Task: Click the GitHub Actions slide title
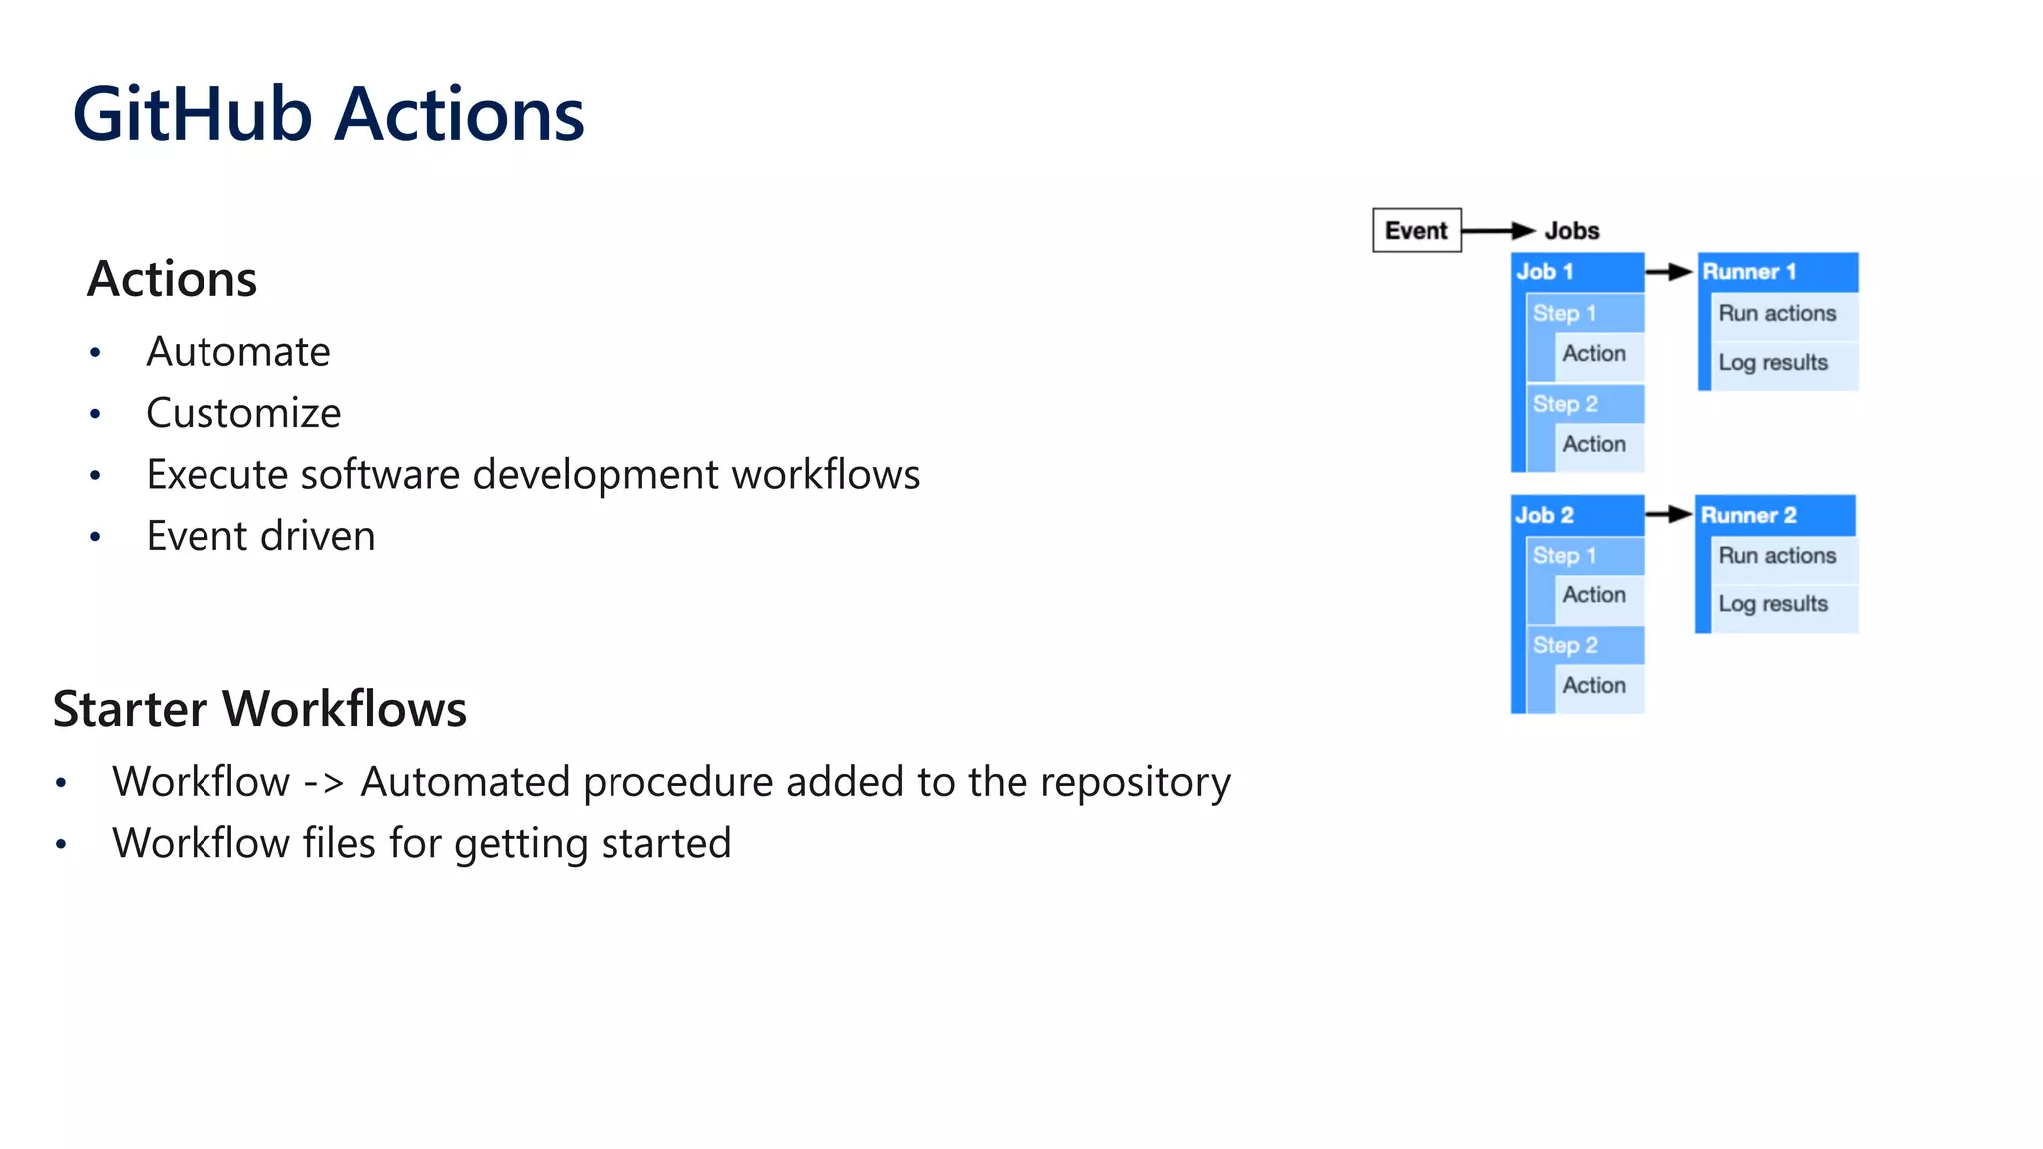pyautogui.click(x=327, y=115)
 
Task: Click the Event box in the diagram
pyautogui.click(x=1417, y=231)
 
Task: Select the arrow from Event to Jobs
pyautogui.click(x=1497, y=231)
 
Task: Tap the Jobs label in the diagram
pyautogui.click(x=1572, y=231)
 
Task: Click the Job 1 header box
pyautogui.click(x=1576, y=272)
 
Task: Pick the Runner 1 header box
pyautogui.click(x=1778, y=272)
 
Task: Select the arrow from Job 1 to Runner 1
pyautogui.click(x=1669, y=272)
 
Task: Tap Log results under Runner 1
pyautogui.click(x=1773, y=363)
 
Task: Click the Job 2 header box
pyautogui.click(x=1576, y=515)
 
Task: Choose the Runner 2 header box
pyautogui.click(x=1776, y=515)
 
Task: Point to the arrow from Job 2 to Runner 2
pyautogui.click(x=1668, y=515)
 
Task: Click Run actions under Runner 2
pyautogui.click(x=1777, y=556)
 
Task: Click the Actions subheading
pyautogui.click(x=172, y=279)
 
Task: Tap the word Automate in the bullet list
pyautogui.click(x=237, y=352)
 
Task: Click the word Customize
pyautogui.click(x=243, y=413)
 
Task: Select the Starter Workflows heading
pyautogui.click(x=259, y=709)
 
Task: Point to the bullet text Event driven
pyautogui.click(x=260, y=536)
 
